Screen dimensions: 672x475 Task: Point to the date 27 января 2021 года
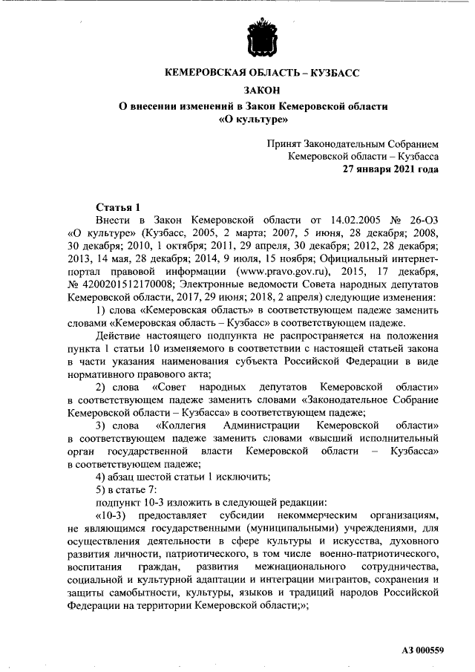(x=390, y=169)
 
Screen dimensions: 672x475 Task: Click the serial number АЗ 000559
(x=422, y=650)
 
